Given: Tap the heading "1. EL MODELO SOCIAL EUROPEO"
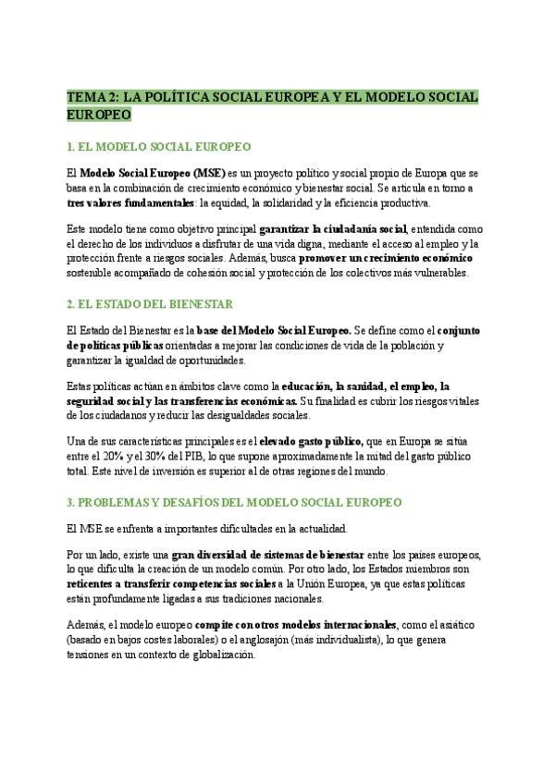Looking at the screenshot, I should pos(159,147).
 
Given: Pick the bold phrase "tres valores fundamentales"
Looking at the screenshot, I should pos(131,202).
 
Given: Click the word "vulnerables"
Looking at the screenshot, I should pos(440,273).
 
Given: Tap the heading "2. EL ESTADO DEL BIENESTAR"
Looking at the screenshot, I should pos(150,303).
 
